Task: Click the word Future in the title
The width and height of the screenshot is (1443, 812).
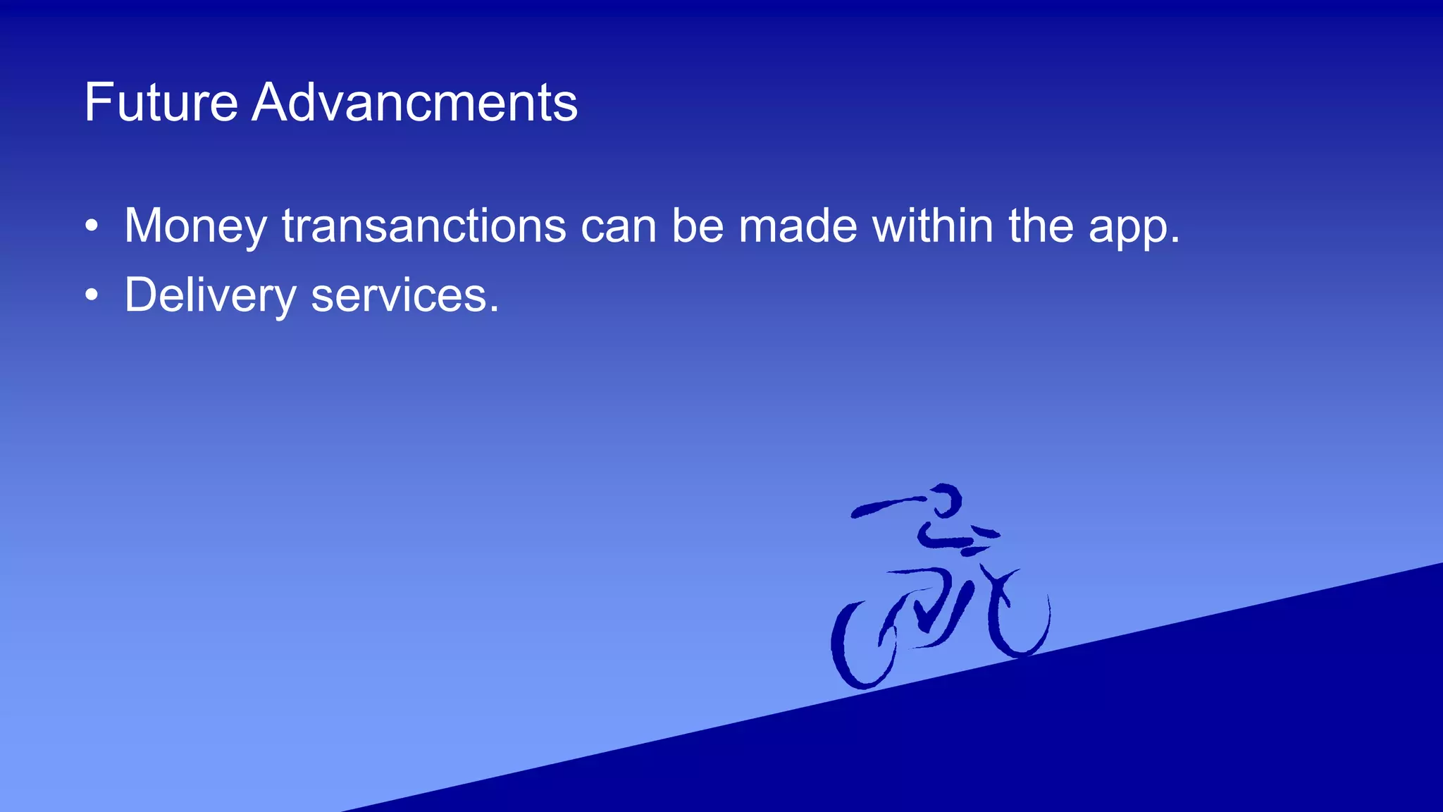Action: coord(161,102)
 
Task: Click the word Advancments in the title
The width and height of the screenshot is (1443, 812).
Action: coord(414,102)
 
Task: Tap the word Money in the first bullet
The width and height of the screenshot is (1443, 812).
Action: coord(195,227)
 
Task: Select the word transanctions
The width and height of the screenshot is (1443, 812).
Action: coord(423,226)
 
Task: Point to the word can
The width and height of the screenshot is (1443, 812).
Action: coord(618,227)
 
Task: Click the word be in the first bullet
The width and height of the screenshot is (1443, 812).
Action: coord(698,226)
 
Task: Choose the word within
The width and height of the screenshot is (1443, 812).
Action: coord(933,226)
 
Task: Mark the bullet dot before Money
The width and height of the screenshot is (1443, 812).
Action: coord(91,227)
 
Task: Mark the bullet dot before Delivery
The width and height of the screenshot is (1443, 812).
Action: coord(91,296)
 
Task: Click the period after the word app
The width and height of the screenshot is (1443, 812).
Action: coord(1174,241)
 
